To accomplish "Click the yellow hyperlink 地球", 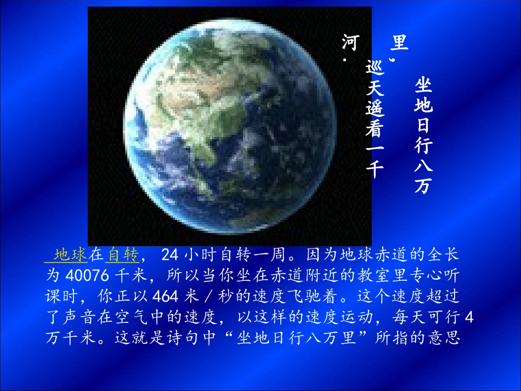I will coord(71,255).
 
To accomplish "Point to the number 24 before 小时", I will coord(170,255).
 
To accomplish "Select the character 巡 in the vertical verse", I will coord(375,69).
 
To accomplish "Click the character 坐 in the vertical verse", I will coord(423,86).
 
